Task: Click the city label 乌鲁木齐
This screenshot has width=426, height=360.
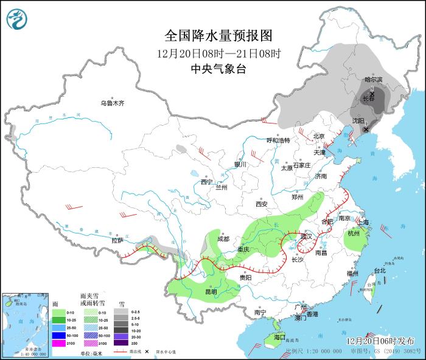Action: [x=112, y=103]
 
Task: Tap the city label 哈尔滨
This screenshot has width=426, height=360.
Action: [x=373, y=80]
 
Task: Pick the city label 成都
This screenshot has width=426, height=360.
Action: [x=223, y=239]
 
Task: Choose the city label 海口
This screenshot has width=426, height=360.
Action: [x=279, y=336]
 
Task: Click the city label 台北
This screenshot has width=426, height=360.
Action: [x=379, y=270]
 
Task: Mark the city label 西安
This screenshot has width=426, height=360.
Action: [x=262, y=204]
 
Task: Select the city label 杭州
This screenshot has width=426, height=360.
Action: [x=353, y=234]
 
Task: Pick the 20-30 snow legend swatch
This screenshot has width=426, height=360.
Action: [x=124, y=335]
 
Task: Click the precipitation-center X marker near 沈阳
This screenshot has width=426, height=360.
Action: [x=366, y=129]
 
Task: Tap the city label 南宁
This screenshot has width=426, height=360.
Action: [x=260, y=313]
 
